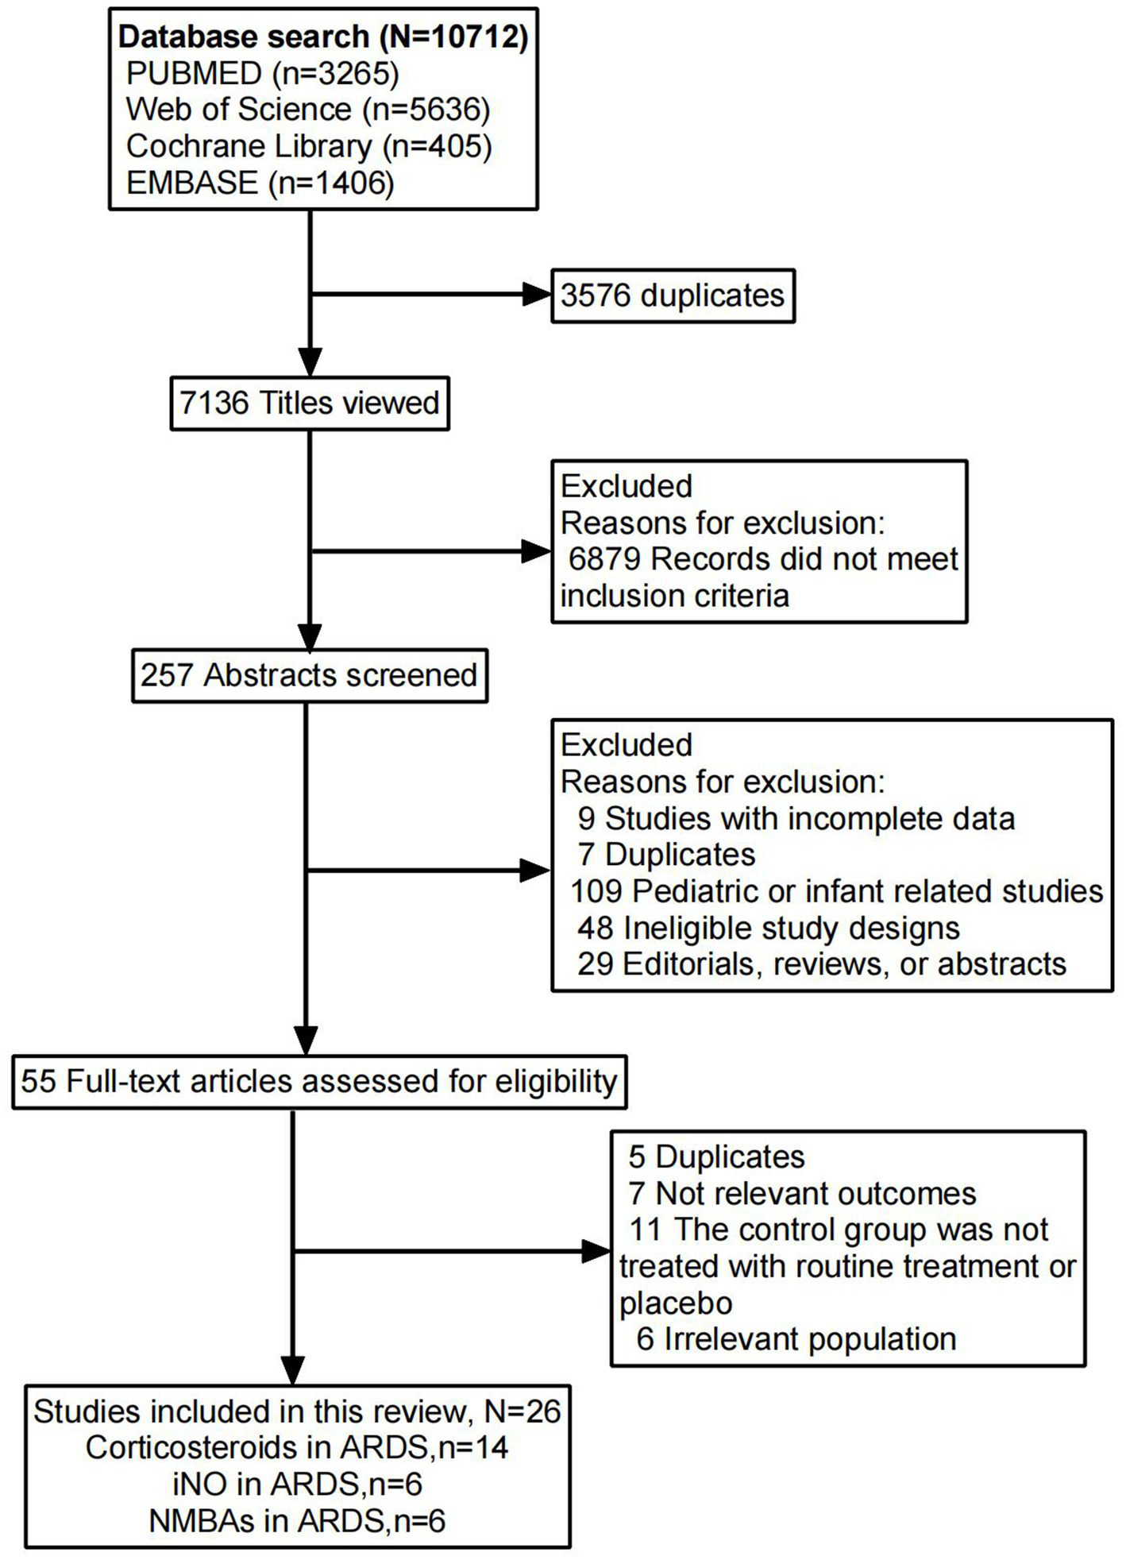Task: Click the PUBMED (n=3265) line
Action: [x=262, y=73]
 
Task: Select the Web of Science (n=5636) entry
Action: [x=308, y=110]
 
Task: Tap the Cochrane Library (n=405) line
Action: [x=309, y=146]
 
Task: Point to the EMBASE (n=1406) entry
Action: [x=260, y=183]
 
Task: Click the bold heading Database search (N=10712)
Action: [x=323, y=37]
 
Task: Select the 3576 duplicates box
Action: [x=673, y=295]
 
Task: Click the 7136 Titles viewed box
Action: [x=310, y=404]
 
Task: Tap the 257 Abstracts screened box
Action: [x=309, y=675]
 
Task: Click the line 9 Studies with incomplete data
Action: [x=796, y=819]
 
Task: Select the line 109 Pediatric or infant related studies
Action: [x=837, y=891]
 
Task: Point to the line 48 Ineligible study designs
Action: [x=769, y=928]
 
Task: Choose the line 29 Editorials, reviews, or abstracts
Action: [x=822, y=964]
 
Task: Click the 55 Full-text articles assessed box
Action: [x=319, y=1082]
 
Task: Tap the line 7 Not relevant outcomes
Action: [x=802, y=1193]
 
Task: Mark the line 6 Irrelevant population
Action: [x=796, y=1339]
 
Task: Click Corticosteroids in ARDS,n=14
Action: [x=297, y=1447]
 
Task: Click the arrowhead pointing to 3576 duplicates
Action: [x=537, y=295]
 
